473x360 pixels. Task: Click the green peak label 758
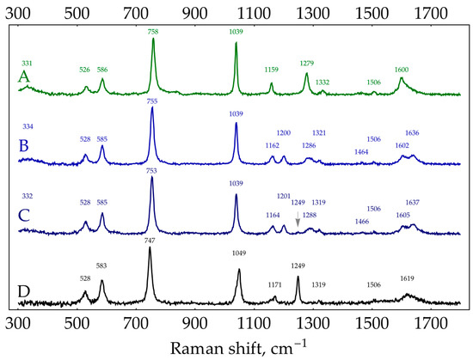pyautogui.click(x=152, y=31)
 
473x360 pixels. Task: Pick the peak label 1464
pyautogui.click(x=362, y=152)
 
